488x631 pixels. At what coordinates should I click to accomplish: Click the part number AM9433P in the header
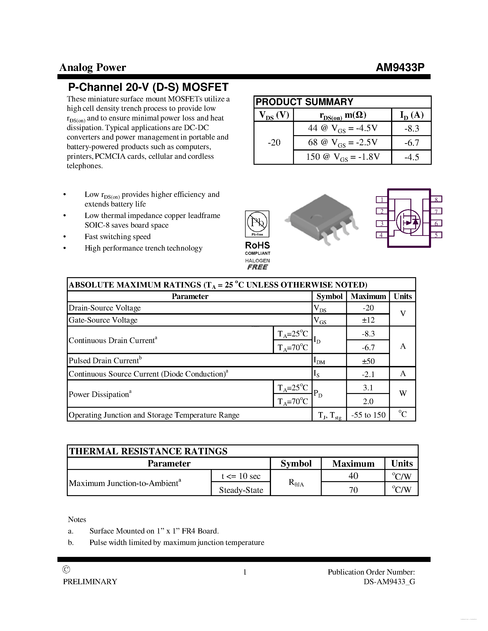[400, 67]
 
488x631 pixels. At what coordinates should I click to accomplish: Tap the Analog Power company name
[93, 67]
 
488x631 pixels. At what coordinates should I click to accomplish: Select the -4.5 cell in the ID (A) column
[411, 157]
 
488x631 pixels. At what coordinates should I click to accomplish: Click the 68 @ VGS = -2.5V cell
[342, 142]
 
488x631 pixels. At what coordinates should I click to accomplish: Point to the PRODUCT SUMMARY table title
[305, 102]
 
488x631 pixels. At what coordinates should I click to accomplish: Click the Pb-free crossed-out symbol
[257, 223]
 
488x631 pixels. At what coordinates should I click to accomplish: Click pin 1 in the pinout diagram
[382, 200]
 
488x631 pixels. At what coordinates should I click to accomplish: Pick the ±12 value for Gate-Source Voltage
[368, 320]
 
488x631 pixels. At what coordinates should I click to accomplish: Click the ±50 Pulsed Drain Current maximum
[368, 361]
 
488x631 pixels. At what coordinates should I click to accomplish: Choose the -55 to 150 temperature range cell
[368, 415]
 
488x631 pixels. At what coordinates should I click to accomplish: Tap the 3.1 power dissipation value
[368, 388]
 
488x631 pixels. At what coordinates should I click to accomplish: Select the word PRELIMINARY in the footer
[90, 582]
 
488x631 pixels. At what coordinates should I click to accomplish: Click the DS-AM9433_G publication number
[389, 582]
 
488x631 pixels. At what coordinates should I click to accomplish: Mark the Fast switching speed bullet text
[117, 237]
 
